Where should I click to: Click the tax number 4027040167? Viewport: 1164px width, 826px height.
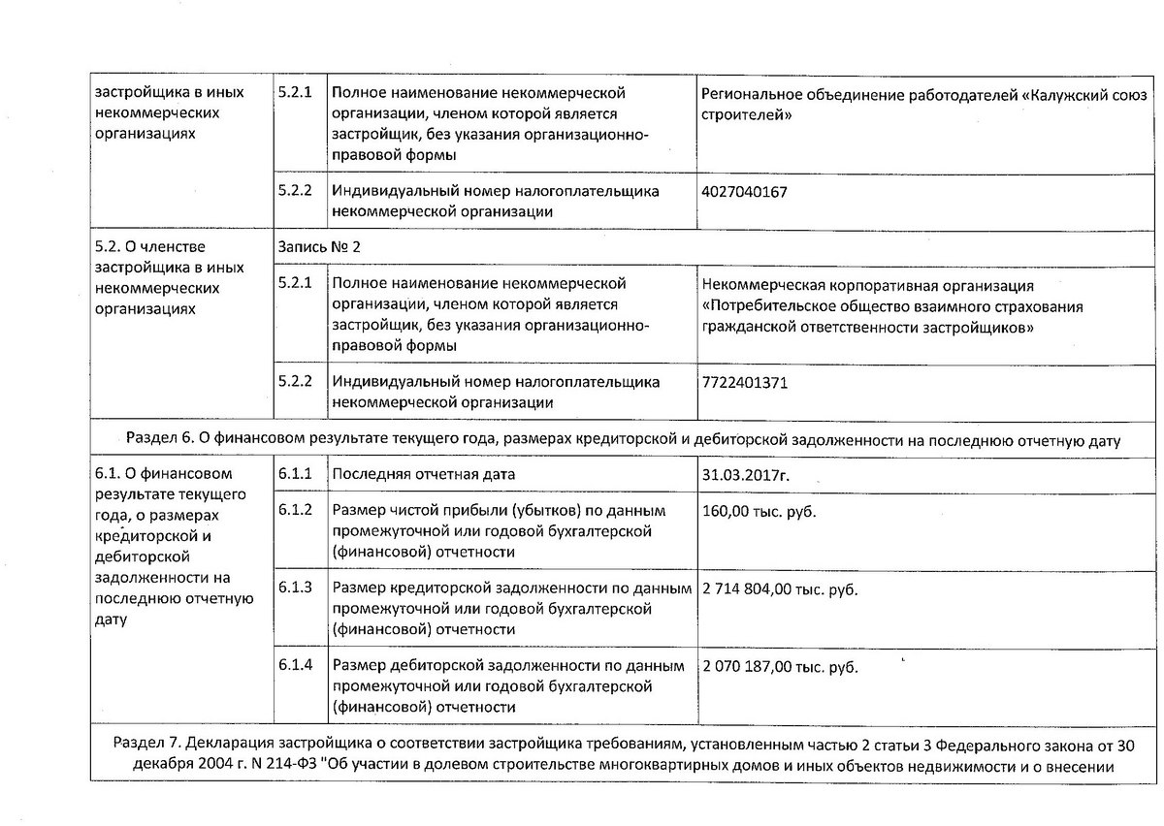pos(743,192)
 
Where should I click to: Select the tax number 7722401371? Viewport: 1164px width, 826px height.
pos(743,383)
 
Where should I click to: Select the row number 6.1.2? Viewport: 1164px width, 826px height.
pos(295,510)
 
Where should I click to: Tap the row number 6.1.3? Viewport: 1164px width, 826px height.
pos(295,588)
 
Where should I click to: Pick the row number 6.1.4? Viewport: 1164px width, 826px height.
pos(295,666)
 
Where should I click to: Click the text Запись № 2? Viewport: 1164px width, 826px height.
pos(319,247)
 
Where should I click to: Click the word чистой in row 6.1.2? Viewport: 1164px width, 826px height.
pos(409,511)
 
